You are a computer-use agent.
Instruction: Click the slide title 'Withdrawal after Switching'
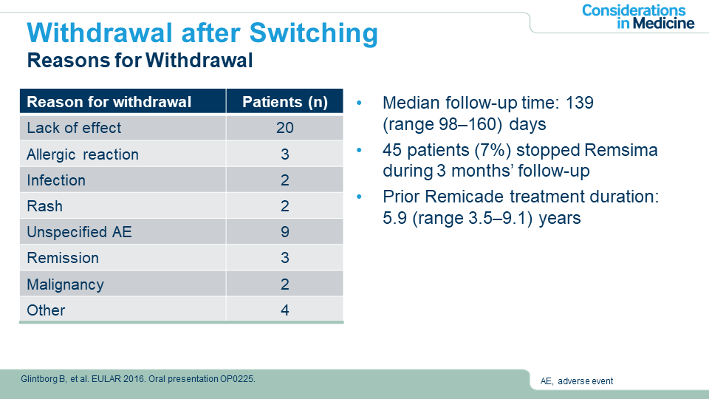(x=202, y=33)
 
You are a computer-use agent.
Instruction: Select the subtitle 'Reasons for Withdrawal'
(x=140, y=61)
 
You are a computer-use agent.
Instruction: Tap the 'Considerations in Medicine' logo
(x=638, y=17)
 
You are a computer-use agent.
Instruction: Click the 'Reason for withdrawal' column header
(x=109, y=102)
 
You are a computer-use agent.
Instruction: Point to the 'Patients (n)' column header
(x=285, y=102)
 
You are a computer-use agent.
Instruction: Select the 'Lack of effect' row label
(x=74, y=128)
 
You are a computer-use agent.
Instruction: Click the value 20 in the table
(x=285, y=128)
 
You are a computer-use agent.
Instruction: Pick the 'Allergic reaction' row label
(x=83, y=154)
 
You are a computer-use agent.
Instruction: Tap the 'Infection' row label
(x=56, y=180)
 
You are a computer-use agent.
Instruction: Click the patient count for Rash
(x=285, y=206)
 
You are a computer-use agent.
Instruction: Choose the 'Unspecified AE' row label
(x=79, y=232)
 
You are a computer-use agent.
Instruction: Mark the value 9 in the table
(x=285, y=232)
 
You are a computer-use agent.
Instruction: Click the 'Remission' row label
(x=63, y=258)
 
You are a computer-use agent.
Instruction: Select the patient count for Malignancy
(x=285, y=284)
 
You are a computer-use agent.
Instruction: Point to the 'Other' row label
(x=46, y=310)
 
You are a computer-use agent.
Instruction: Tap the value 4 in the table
(x=285, y=310)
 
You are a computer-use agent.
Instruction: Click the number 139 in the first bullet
(x=580, y=103)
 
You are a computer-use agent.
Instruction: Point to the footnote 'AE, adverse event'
(x=577, y=381)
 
